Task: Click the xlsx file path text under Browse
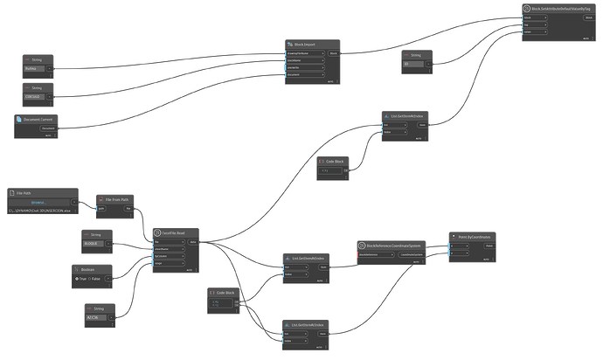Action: pos(38,212)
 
